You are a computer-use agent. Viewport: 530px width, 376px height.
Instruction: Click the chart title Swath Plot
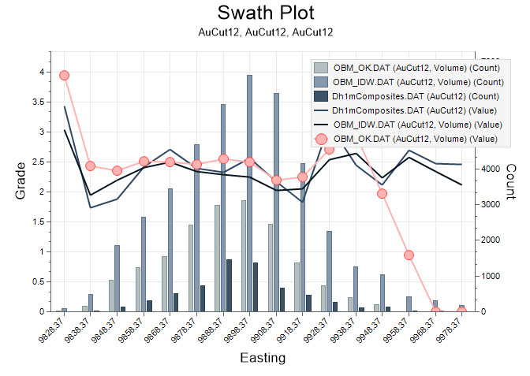(265, 13)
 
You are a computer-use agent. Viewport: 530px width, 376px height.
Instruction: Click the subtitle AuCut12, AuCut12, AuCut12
(265, 32)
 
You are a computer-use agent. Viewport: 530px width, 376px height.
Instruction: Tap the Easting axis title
(263, 358)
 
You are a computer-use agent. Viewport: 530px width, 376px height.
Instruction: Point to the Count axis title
(509, 181)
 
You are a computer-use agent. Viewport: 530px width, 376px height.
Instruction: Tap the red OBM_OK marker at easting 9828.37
(65, 75)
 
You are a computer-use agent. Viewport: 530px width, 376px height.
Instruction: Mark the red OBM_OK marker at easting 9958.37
(409, 255)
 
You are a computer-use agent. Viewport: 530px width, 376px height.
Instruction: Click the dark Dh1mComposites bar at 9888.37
(229, 285)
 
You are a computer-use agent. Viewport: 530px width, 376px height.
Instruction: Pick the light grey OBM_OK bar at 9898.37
(244, 256)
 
